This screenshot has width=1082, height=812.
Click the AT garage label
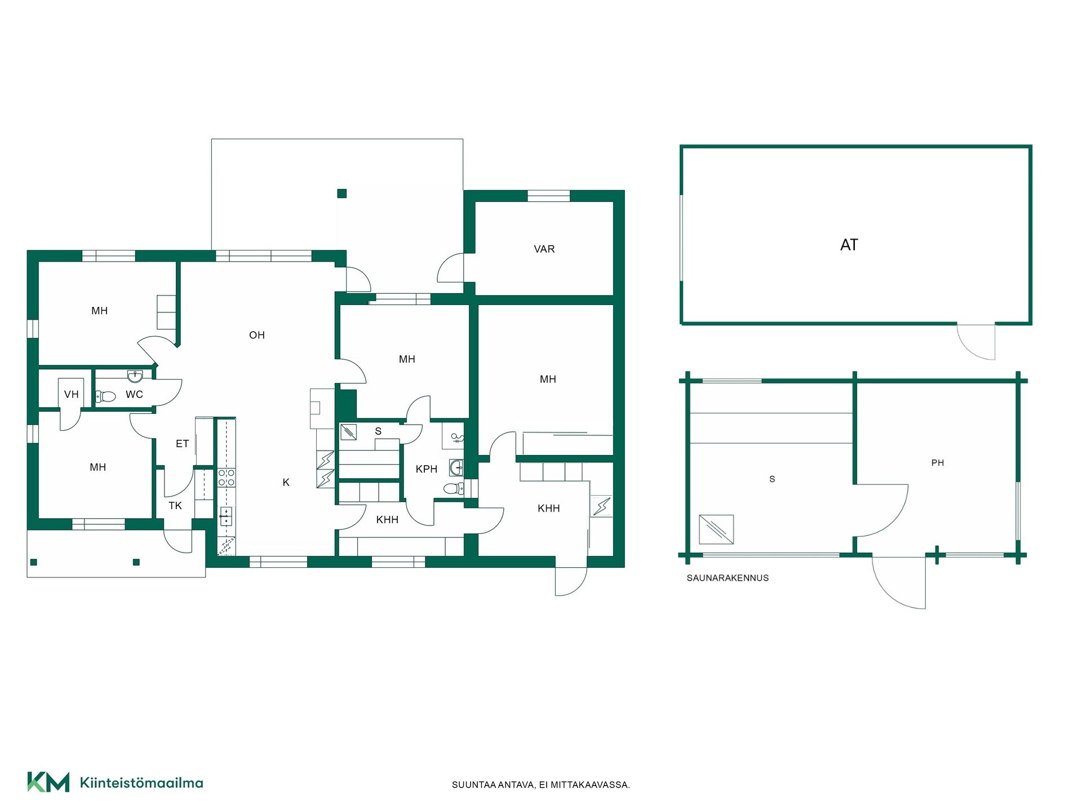pos(849,245)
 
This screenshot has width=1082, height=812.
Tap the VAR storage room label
pos(544,249)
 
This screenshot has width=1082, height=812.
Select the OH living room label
pos(256,335)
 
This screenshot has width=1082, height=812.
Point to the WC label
pos(134,394)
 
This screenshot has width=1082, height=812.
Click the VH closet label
pos(71,394)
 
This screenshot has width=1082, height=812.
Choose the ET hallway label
pos(182,444)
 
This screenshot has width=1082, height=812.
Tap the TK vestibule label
pos(175,506)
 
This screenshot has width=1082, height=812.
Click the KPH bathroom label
pos(426,469)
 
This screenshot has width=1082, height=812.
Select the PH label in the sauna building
pos(937,463)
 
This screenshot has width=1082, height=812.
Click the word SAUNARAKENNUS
pos(728,578)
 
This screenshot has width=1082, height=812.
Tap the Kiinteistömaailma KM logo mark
pos(48,782)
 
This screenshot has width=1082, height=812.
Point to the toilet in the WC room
pos(105,396)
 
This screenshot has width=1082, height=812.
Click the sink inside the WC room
pos(135,376)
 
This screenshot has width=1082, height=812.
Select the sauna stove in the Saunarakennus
pos(716,529)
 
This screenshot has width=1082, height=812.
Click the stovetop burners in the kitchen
pos(227,478)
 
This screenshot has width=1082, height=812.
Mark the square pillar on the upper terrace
pos(342,193)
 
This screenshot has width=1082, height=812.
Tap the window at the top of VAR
pos(548,196)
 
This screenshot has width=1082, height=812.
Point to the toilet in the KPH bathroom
pos(454,488)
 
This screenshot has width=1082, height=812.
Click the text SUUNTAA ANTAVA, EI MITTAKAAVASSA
pos(541,785)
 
